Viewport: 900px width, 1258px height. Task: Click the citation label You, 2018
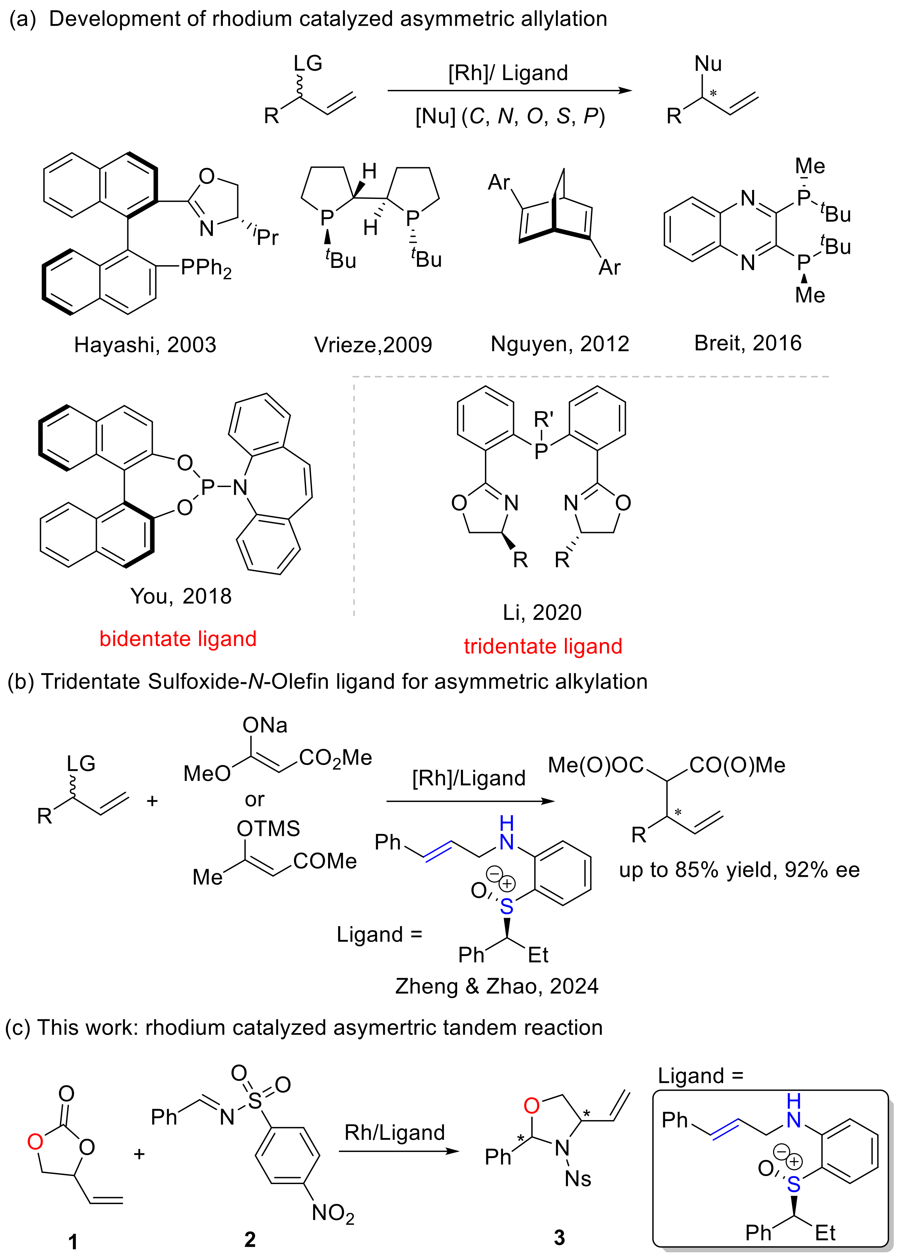[181, 596]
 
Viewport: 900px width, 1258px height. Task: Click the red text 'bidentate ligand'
[178, 638]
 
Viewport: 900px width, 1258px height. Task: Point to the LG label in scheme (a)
[307, 63]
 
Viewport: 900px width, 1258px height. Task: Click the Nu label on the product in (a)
[708, 64]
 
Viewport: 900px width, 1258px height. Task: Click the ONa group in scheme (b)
[264, 725]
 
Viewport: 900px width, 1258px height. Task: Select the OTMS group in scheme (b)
[268, 829]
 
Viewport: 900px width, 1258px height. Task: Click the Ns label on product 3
[578, 1179]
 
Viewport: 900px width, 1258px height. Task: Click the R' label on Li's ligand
[544, 419]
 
